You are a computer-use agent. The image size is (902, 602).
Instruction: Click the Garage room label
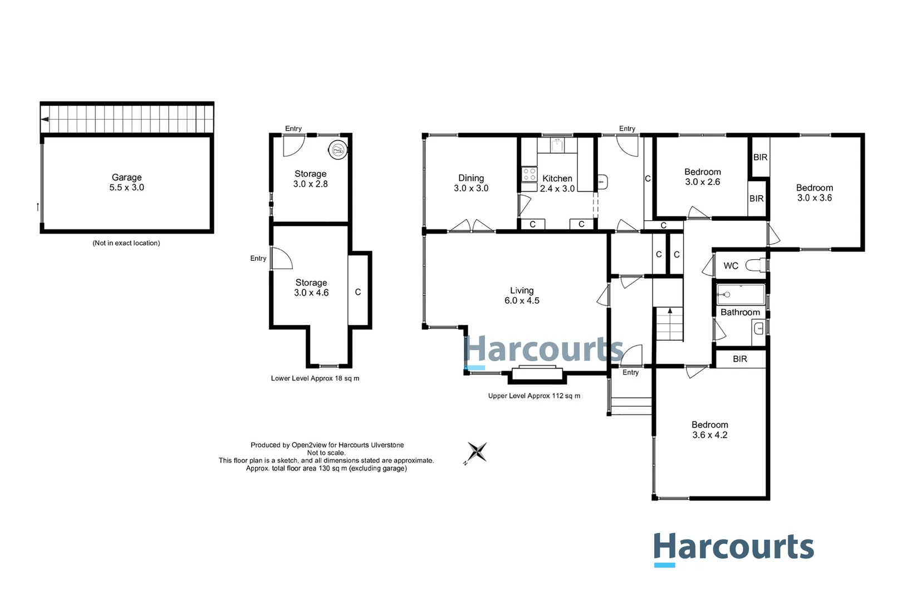[x=126, y=182]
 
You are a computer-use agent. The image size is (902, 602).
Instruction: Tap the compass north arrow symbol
[x=477, y=452]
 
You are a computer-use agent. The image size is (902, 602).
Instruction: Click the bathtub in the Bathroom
[x=741, y=294]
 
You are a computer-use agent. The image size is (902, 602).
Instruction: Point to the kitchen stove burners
[x=529, y=174]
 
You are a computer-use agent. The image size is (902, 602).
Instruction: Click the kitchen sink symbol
[x=556, y=145]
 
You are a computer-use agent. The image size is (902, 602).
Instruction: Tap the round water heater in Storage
[x=337, y=149]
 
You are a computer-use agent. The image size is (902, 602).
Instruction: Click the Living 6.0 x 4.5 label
[x=522, y=295]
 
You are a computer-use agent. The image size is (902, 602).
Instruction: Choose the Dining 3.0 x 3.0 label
[x=471, y=183]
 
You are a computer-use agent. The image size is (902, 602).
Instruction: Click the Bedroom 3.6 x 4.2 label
[x=709, y=430]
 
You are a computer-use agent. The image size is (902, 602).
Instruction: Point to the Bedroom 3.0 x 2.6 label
[x=702, y=177]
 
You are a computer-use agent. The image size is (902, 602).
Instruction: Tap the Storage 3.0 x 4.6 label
[x=311, y=288]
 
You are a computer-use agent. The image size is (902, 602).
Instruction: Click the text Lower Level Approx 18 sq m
[x=315, y=378]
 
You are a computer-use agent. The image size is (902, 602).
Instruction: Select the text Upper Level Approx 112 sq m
[x=534, y=396]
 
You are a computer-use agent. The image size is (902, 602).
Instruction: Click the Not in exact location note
[x=126, y=243]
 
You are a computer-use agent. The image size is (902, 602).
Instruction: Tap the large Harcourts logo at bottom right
[x=733, y=548]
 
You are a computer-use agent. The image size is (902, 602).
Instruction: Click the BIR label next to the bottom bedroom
[x=740, y=359]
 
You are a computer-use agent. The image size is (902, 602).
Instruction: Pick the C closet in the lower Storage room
[x=358, y=292]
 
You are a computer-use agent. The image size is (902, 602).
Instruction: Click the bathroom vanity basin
[x=759, y=328]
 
